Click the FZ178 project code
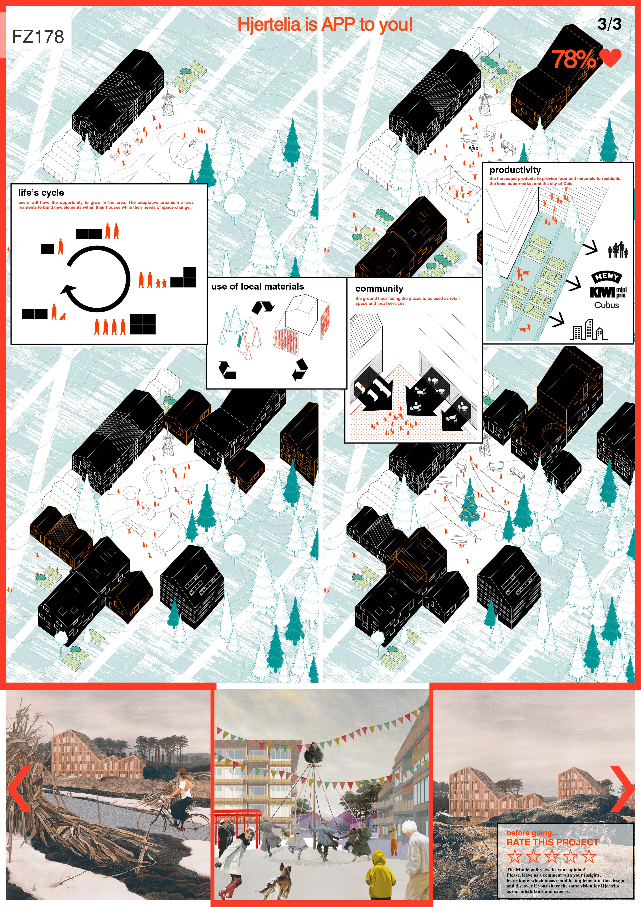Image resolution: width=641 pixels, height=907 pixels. pos(38,37)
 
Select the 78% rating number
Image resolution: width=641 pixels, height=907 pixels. pos(574,59)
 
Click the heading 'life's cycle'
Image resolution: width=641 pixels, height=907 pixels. pos(41,193)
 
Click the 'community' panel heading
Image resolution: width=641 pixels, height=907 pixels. pos(379,289)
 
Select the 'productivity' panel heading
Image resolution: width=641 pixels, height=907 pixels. pos(515,170)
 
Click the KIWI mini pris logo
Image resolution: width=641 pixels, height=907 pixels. pos(608,292)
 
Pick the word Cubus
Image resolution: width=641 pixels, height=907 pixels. pos(607,305)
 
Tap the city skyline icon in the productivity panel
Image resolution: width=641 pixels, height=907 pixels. pos(588,329)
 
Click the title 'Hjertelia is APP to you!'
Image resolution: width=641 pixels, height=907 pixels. pos(325,25)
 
